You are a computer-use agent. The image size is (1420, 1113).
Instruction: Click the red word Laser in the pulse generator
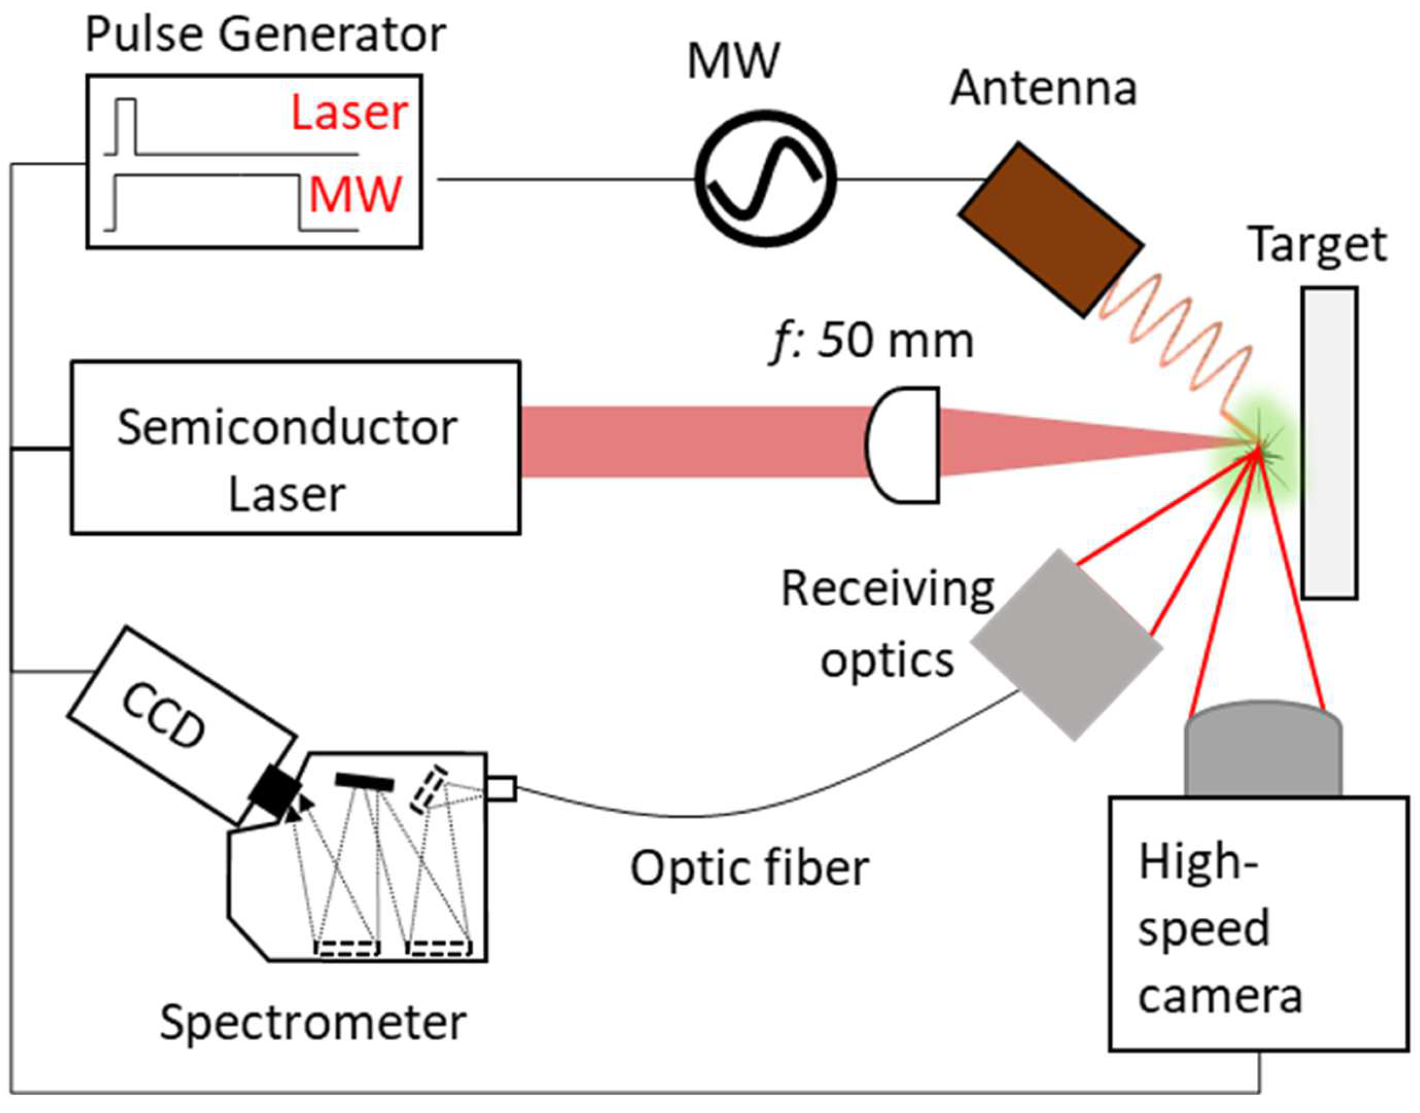[350, 113]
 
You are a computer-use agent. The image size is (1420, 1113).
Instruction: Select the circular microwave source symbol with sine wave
[765, 178]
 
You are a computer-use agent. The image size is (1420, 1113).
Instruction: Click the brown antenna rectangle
[1051, 230]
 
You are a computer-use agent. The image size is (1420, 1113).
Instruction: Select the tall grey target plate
[1330, 442]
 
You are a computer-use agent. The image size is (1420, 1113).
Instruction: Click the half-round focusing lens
[902, 445]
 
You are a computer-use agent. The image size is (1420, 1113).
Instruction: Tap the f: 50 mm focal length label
[871, 340]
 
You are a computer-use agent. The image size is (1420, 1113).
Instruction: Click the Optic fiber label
[750, 869]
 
